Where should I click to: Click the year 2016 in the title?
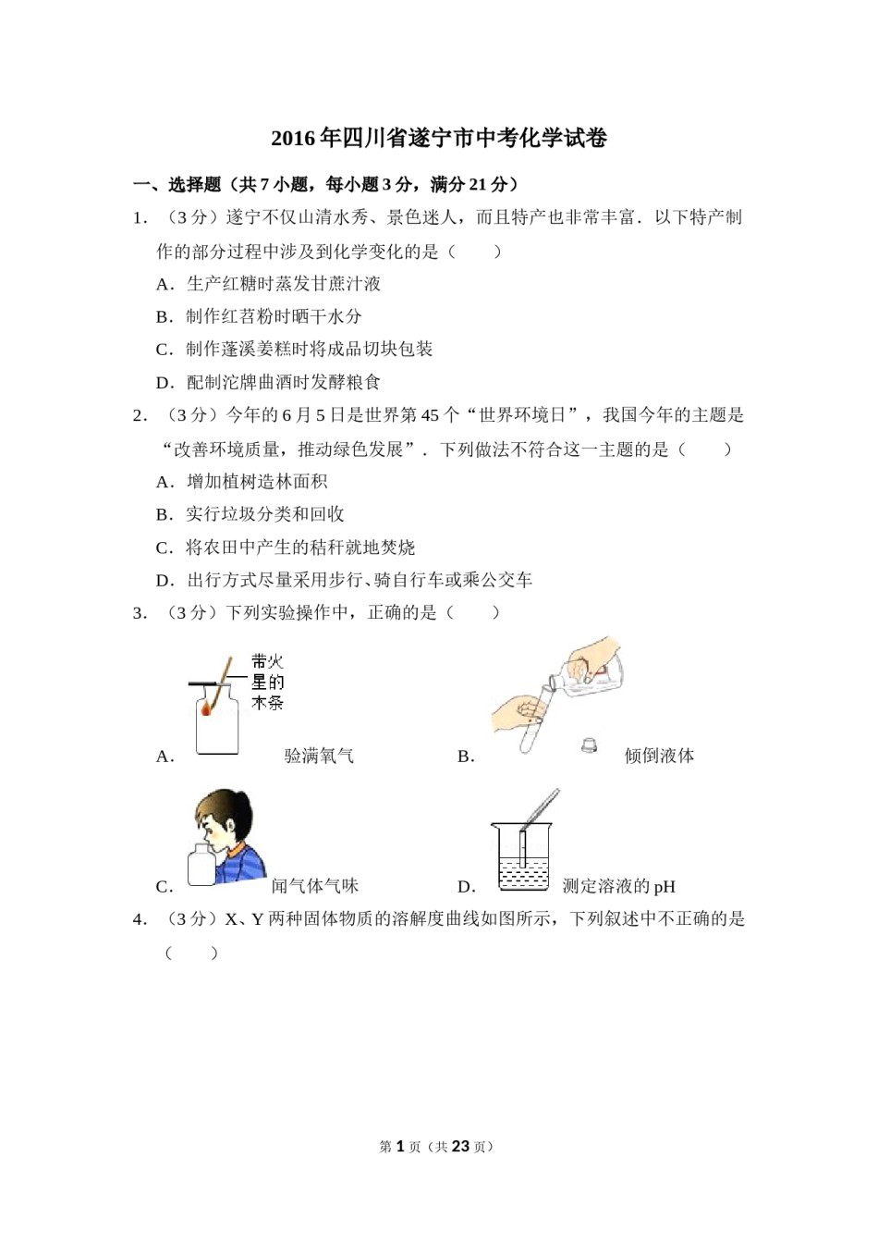[293, 139]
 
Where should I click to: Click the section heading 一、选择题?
[177, 184]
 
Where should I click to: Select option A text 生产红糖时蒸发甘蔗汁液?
[283, 284]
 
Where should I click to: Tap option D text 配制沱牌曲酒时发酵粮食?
[283, 382]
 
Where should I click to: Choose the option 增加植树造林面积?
[256, 482]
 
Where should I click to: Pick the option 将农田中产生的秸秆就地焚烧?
[300, 548]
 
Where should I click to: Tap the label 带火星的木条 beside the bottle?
[267, 682]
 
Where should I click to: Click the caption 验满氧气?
[319, 757]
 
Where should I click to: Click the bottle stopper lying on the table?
[589, 744]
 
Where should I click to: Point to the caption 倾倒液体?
[659, 757]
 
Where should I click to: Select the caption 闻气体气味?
[314, 886]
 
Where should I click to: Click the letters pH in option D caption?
[665, 887]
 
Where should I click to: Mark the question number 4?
[140, 919]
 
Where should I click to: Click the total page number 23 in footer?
[462, 1147]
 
